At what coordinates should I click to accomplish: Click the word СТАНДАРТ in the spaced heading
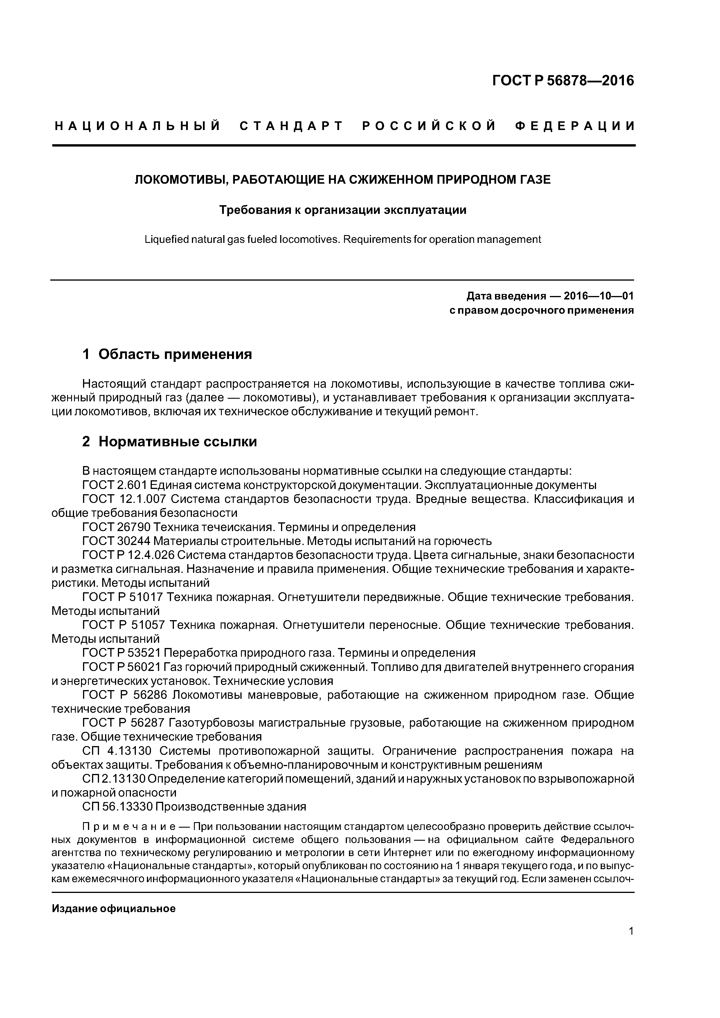[x=291, y=126]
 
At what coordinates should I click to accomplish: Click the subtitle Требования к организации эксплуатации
[x=343, y=210]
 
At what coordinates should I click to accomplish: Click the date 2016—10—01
[x=598, y=296]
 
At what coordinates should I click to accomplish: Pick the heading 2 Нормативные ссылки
[x=170, y=442]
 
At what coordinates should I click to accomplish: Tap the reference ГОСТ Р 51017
[x=124, y=597]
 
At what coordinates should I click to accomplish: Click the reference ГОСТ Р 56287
[x=124, y=723]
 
